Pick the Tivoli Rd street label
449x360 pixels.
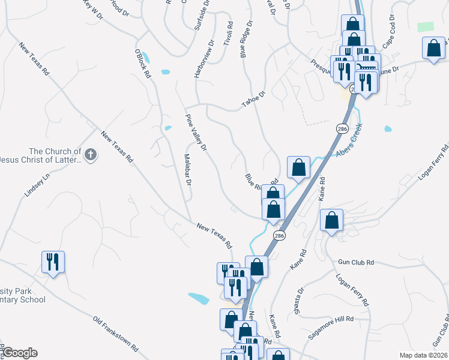[x=229, y=35]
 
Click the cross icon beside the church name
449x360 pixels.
[x=90, y=155]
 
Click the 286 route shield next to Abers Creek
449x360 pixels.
[x=342, y=129]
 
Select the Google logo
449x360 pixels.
[x=20, y=353]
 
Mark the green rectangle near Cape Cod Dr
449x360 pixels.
[x=426, y=27]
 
